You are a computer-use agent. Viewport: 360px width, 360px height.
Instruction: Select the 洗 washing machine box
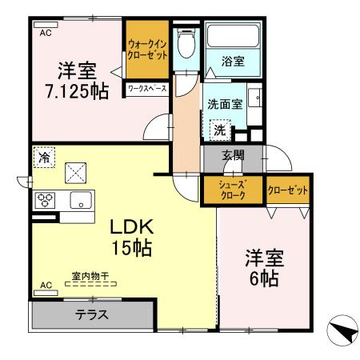[218, 127]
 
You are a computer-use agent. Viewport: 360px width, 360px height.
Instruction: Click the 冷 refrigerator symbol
[44, 158]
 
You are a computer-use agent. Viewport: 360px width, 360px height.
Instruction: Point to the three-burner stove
[43, 199]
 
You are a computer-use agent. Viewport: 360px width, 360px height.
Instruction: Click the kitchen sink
[81, 200]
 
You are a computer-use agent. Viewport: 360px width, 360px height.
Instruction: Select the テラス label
[92, 314]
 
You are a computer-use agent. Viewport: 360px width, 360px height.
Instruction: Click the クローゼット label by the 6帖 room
[287, 190]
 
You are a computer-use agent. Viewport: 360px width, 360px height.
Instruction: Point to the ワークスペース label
[147, 89]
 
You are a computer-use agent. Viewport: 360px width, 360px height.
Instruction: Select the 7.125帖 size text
[76, 91]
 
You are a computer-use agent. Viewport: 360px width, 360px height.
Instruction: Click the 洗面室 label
[225, 105]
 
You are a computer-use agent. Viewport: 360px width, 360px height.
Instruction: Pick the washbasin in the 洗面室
[258, 100]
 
